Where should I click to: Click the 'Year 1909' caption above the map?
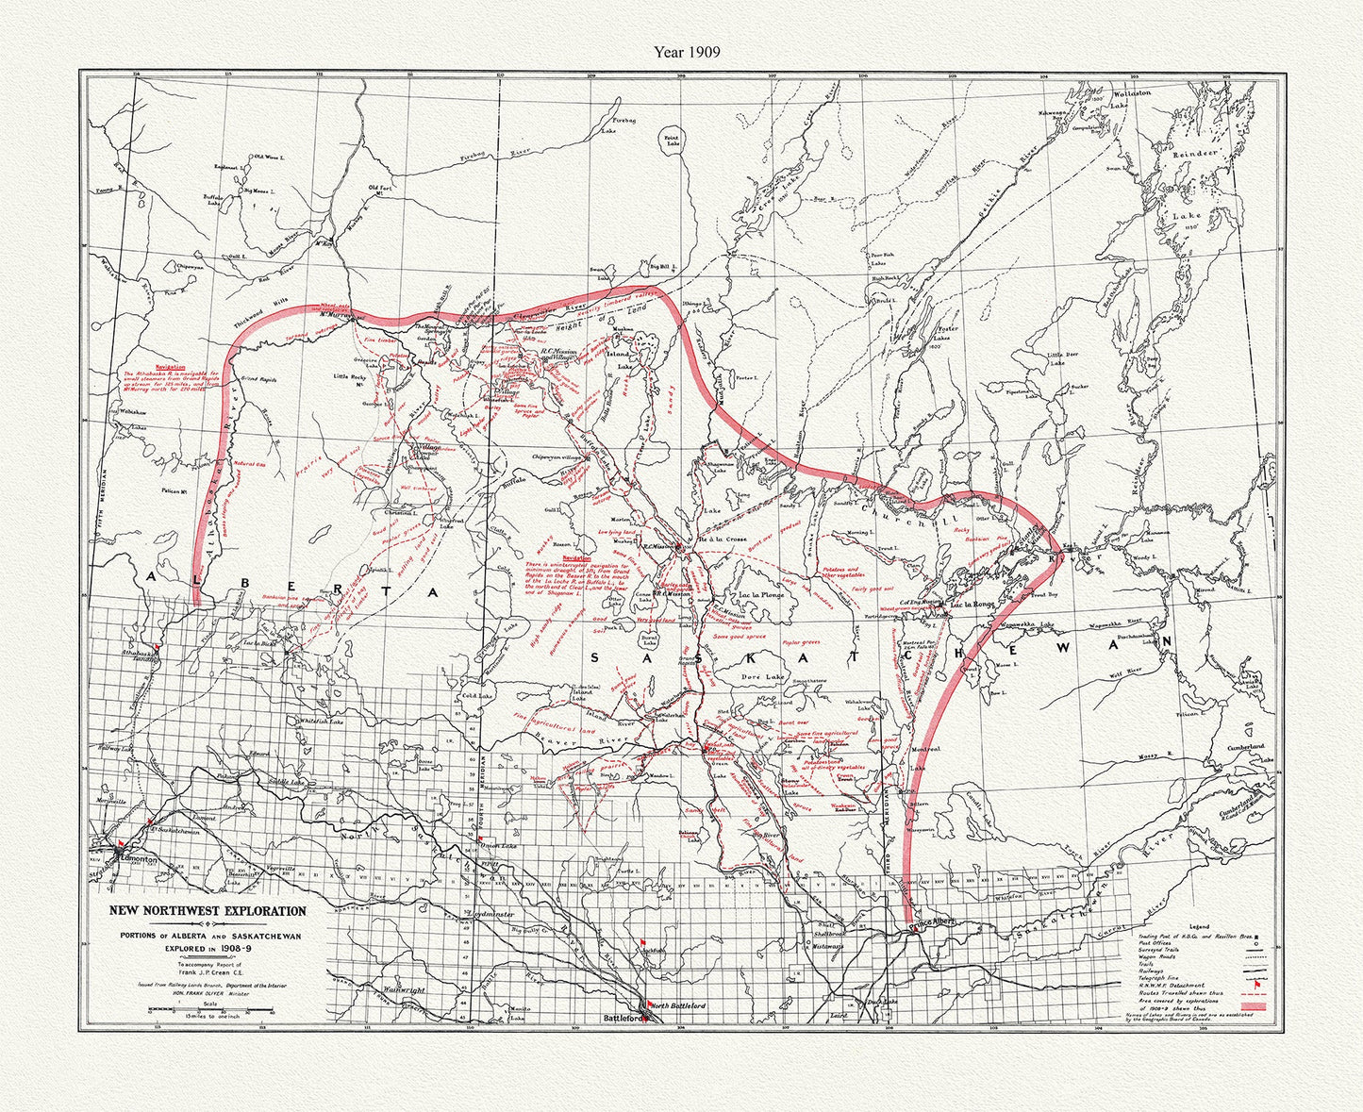[687, 53]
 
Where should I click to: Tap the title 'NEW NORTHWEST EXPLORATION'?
[208, 911]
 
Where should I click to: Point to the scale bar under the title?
[208, 1011]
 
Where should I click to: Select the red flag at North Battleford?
[645, 1002]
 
